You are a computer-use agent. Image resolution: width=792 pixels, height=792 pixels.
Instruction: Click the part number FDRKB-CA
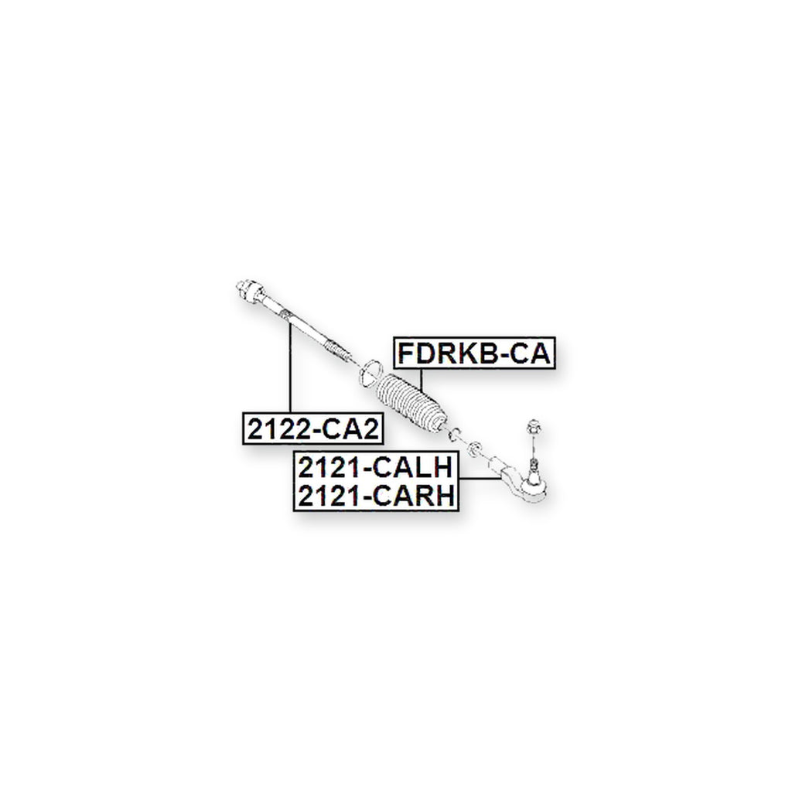pyautogui.click(x=474, y=353)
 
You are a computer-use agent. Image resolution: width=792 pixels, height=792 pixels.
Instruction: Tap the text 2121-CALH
pyautogui.click(x=375, y=467)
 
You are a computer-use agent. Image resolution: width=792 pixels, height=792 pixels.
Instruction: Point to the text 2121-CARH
pyautogui.click(x=377, y=496)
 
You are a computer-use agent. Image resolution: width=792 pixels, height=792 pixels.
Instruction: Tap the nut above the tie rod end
pyautogui.click(x=534, y=427)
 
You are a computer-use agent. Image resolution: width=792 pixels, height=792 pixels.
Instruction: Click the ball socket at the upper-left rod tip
pyautogui.click(x=250, y=290)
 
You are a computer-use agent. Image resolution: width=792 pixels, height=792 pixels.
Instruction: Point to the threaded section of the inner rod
pyautogui.click(x=336, y=350)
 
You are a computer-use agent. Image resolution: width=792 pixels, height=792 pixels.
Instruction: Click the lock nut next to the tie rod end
pyautogui.click(x=474, y=448)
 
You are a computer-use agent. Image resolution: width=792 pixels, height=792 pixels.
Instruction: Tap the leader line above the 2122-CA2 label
pyautogui.click(x=290, y=368)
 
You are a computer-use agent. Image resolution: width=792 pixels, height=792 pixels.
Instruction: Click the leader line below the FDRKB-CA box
pyautogui.click(x=421, y=379)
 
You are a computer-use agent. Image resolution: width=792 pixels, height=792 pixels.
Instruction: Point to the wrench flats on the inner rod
pyautogui.click(x=286, y=315)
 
